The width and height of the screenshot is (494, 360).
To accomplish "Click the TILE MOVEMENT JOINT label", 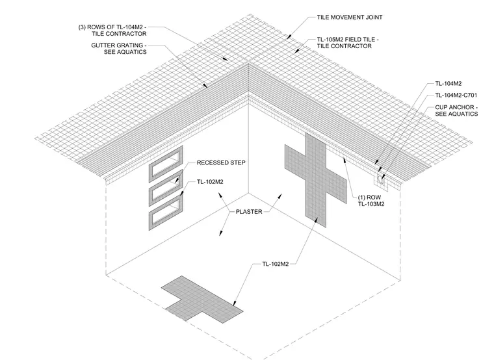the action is [350, 18].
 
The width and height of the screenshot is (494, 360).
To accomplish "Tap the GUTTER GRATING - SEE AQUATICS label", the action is [119, 49].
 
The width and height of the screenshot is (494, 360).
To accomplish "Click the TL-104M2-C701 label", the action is [456, 95].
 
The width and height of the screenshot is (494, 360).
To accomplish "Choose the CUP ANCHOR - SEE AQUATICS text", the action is [456, 110].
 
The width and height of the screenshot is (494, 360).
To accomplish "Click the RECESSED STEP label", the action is [221, 162].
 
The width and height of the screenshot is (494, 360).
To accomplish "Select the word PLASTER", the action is [249, 212].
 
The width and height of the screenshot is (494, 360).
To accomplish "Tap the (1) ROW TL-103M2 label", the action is [371, 201].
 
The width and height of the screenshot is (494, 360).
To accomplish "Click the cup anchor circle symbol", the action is [380, 180].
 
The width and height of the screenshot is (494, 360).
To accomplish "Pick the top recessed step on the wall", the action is [165, 164].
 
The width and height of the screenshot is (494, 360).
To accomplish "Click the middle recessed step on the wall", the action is [165, 188].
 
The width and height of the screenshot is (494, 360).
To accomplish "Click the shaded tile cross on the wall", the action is [316, 179].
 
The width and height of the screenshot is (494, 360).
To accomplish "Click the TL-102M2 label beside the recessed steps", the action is [210, 182].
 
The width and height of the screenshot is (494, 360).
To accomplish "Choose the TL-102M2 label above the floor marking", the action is [276, 264].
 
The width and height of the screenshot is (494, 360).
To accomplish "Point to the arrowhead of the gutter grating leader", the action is [206, 86].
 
